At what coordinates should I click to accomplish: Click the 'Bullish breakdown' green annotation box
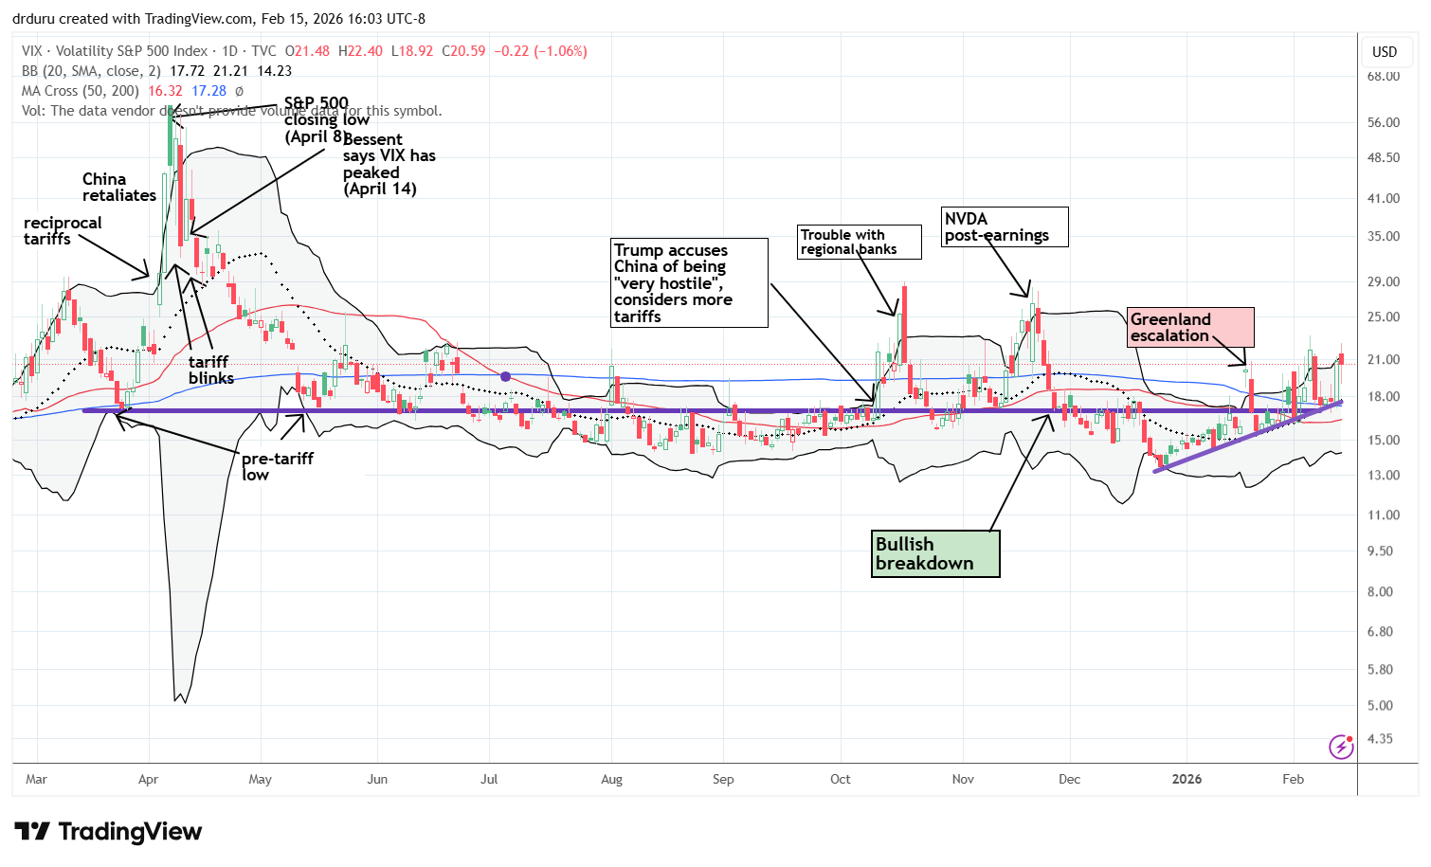coord(935,553)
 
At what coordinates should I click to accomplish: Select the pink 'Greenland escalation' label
coord(1190,327)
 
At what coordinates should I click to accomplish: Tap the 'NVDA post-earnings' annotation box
coord(1005,227)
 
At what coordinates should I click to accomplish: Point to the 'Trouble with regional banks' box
coord(860,242)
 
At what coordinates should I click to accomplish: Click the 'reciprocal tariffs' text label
coord(63,230)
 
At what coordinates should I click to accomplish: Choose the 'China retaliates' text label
coord(118,187)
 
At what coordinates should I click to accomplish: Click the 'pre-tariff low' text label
coord(277,466)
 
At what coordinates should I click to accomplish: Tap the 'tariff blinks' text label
coord(210,370)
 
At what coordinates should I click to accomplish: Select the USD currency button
coord(1385,52)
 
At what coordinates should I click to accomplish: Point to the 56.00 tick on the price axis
coord(1384,122)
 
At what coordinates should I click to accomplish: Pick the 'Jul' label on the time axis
coord(489,779)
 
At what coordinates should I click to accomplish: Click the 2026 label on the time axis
coord(1186,779)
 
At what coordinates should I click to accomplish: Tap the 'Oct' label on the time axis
coord(840,779)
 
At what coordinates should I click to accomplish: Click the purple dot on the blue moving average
coord(505,377)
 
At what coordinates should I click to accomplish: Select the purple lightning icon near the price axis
coord(1341,747)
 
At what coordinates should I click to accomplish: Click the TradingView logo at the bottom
coord(109,832)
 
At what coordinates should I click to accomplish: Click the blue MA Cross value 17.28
coord(208,91)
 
